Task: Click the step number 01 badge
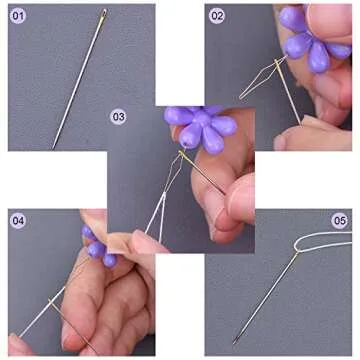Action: tap(17, 16)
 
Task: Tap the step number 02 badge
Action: tap(217, 16)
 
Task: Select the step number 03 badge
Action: tap(118, 117)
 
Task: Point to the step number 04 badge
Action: tap(18, 220)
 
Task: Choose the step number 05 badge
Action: tap(339, 221)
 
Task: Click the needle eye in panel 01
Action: tap(103, 14)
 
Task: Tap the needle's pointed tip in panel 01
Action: tap(53, 148)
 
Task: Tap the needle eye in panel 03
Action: tap(182, 154)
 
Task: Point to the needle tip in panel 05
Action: tap(234, 342)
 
